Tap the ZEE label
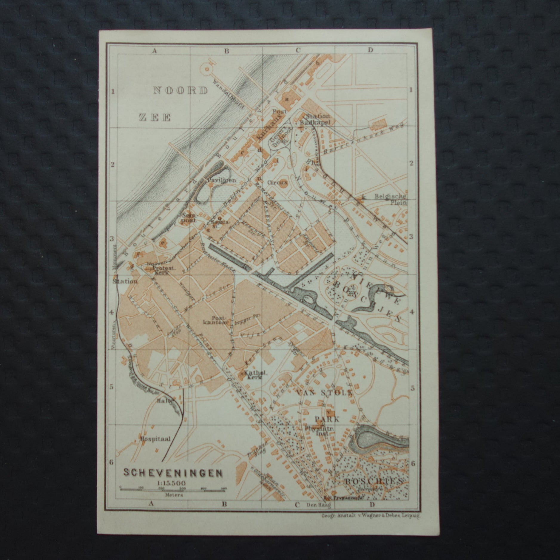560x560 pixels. point(155,117)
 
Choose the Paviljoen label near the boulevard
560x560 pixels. point(220,180)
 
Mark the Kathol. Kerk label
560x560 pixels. point(252,375)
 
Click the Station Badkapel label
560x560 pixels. point(315,119)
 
